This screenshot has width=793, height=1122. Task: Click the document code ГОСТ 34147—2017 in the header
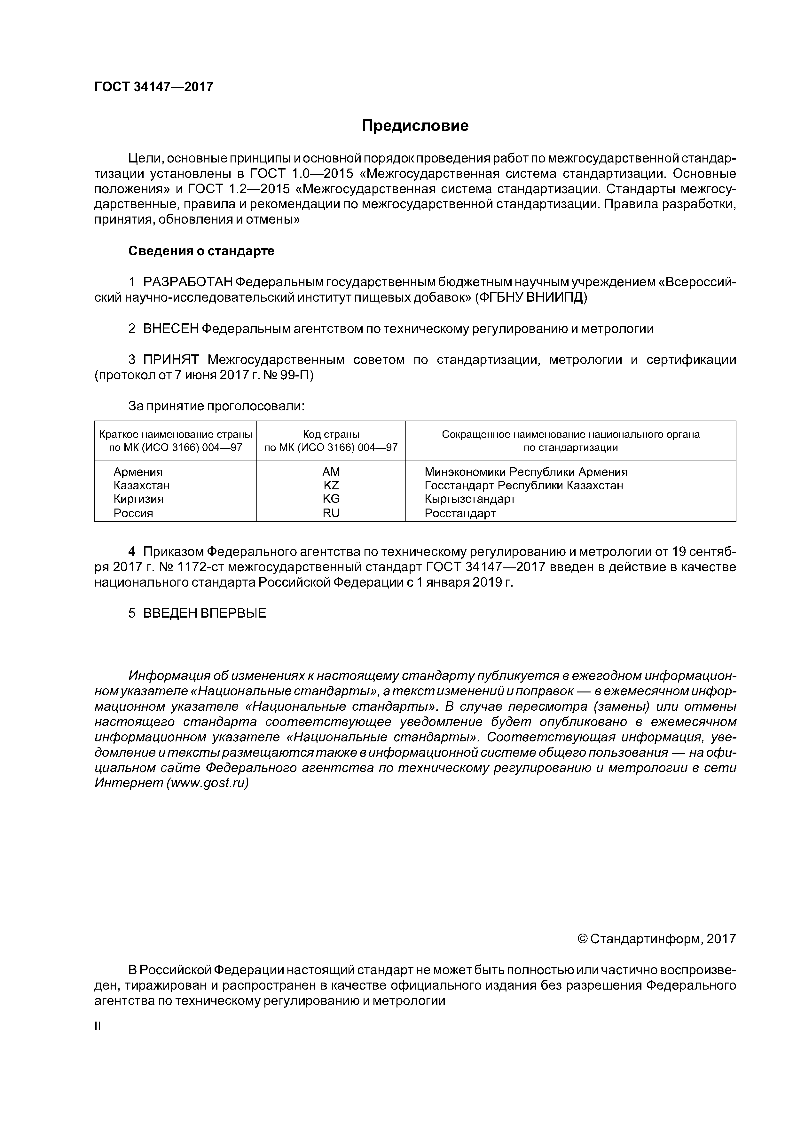(154, 87)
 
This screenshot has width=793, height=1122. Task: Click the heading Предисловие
(415, 126)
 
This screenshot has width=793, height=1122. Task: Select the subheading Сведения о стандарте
(201, 251)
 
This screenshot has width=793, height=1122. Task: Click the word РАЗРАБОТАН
(188, 282)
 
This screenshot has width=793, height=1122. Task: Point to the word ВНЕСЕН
(171, 329)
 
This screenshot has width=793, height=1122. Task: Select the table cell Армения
(138, 472)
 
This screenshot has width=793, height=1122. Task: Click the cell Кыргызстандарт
(469, 499)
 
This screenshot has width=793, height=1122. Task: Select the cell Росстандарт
(460, 513)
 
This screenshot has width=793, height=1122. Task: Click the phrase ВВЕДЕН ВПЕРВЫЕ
(204, 613)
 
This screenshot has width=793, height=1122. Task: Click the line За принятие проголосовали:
(216, 407)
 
